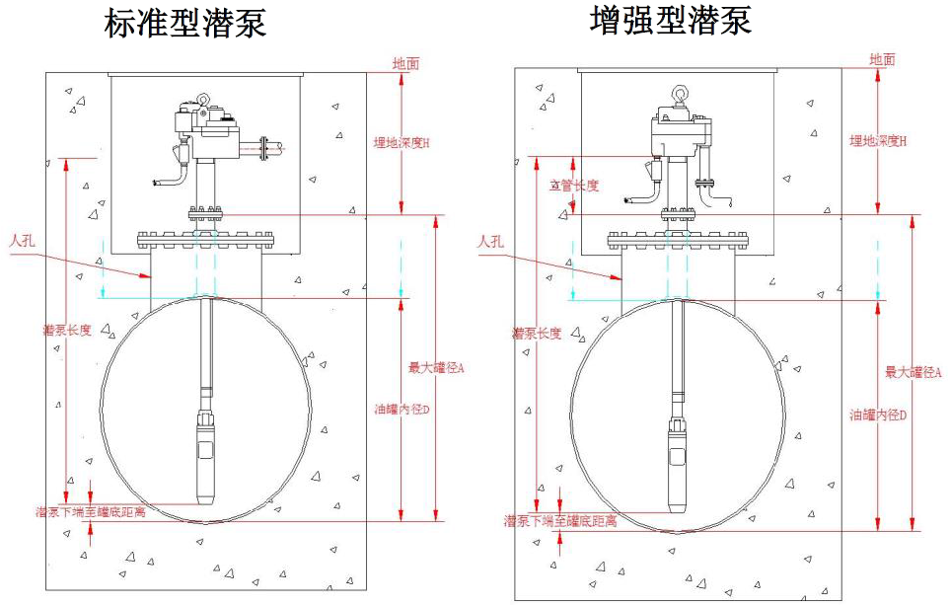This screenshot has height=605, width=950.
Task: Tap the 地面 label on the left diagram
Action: (405, 63)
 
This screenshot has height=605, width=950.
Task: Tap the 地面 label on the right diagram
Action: (882, 59)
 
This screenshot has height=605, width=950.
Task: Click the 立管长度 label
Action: (573, 185)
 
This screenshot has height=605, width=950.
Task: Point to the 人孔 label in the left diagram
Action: (23, 240)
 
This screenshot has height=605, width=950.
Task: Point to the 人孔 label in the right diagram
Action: (490, 241)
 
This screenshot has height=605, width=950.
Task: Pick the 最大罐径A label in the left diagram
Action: (436, 368)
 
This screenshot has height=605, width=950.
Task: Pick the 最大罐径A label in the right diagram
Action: (913, 372)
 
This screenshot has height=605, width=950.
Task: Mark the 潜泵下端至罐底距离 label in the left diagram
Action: (91, 512)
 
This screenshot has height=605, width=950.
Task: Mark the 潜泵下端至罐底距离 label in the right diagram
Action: (560, 521)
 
